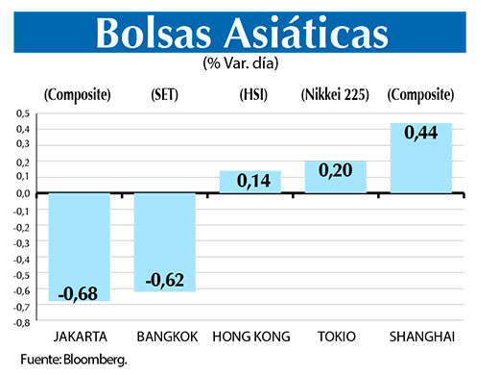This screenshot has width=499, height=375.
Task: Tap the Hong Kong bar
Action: [x=249, y=182]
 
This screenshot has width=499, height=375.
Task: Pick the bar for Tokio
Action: [x=335, y=177]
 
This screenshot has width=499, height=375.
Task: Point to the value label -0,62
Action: [x=164, y=280]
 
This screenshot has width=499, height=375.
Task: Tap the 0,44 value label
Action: [x=420, y=135]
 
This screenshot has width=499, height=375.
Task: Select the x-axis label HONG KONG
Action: [x=251, y=337]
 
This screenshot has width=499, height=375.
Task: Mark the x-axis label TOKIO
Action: [x=336, y=337]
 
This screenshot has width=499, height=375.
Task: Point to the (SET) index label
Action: [x=164, y=94]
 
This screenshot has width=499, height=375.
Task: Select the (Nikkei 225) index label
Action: [x=335, y=94]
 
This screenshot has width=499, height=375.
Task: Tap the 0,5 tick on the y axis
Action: [x=21, y=112]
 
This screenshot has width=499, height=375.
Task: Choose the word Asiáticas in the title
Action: [x=316, y=34]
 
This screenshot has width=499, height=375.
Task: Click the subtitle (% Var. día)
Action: [x=249, y=64]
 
